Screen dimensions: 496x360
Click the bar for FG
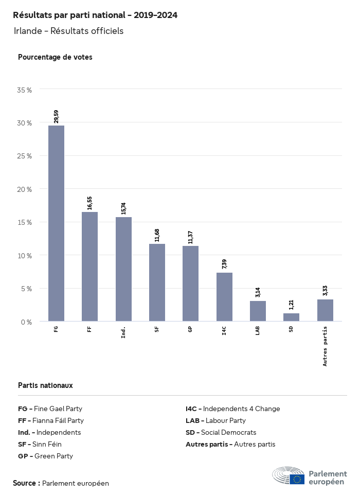click(56, 223)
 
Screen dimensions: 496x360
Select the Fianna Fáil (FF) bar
click(89, 267)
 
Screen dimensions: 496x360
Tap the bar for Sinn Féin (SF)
click(157, 282)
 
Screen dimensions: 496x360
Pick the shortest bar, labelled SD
click(291, 317)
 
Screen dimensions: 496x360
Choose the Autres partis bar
click(325, 310)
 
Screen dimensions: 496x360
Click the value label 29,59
click(56, 115)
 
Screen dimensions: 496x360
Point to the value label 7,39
click(224, 264)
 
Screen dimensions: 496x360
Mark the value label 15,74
click(123, 207)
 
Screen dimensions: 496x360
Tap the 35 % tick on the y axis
click(25, 90)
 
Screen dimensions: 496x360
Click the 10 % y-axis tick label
click(25, 256)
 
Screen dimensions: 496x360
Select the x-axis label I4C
click(224, 330)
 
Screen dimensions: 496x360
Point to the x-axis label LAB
click(258, 330)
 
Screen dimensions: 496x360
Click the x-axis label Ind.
click(123, 332)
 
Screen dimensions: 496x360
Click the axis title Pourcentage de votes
click(55, 57)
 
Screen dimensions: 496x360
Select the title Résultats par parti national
click(95, 15)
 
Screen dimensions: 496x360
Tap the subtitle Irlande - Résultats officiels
click(68, 31)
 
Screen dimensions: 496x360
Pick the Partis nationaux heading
click(45, 385)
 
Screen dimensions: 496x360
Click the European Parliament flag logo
click(297, 479)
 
